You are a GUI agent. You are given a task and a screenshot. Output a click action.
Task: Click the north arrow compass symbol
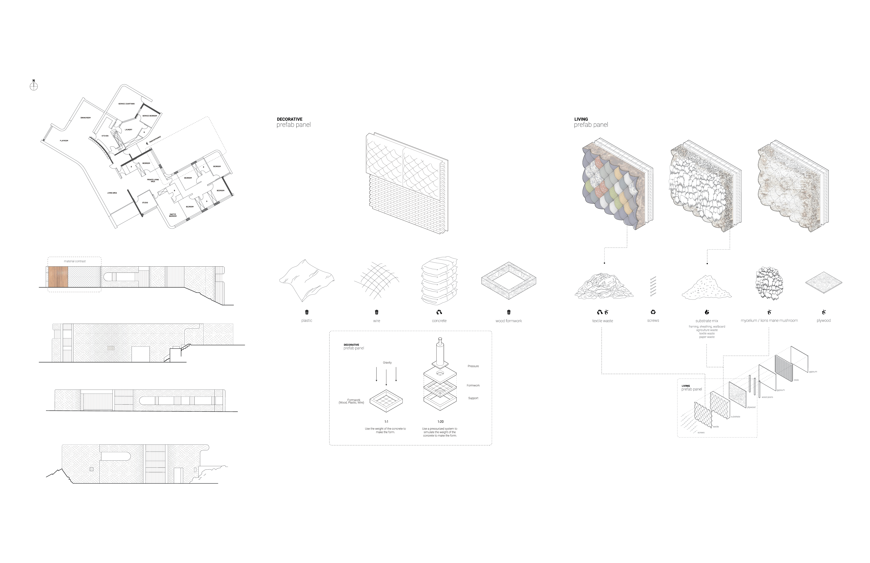34,86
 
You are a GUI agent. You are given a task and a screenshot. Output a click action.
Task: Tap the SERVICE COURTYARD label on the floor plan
127,104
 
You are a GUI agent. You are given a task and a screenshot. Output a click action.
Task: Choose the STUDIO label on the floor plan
145,203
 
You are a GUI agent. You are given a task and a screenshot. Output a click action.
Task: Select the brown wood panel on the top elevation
58,277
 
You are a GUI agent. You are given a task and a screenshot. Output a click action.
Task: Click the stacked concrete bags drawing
439,281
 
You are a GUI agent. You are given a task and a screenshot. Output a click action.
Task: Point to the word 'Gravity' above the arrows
387,363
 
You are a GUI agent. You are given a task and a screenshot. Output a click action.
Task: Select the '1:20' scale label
441,421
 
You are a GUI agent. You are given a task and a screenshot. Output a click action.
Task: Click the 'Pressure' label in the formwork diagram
473,366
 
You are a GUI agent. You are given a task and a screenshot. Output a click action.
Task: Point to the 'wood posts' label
767,397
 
